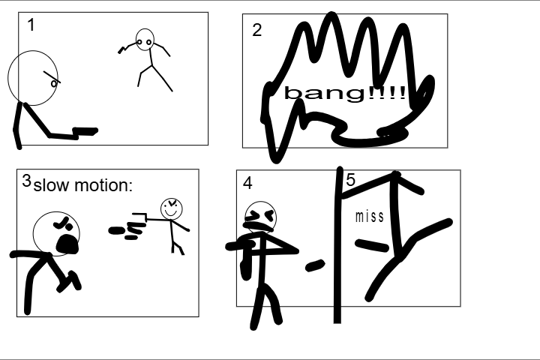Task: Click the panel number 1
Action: point(31,25)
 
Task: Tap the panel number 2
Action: point(257,30)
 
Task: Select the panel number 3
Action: point(26,181)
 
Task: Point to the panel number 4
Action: point(247,183)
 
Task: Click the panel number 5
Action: point(350,180)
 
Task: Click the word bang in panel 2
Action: point(325,93)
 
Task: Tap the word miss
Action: point(370,217)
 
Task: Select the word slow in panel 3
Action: point(51,185)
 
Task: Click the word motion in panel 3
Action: point(103,185)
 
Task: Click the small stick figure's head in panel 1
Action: point(145,40)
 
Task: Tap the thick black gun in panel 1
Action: point(85,132)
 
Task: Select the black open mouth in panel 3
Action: point(67,244)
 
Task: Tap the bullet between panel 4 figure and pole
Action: point(315,265)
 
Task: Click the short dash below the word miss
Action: point(372,245)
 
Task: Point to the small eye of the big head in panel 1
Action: point(54,83)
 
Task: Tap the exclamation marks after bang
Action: point(387,93)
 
